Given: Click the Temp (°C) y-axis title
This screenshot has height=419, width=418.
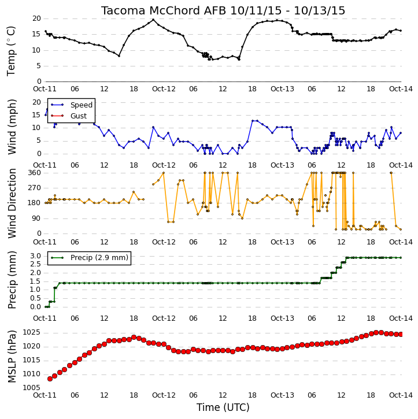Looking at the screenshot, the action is (x=11, y=51).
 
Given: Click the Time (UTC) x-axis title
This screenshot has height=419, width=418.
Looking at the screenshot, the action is (x=223, y=407).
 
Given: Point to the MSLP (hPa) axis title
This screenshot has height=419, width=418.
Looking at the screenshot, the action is (x=12, y=357).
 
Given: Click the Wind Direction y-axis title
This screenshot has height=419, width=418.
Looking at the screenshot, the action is (x=12, y=203).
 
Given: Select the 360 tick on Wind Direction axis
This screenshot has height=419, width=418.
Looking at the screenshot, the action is (x=35, y=173).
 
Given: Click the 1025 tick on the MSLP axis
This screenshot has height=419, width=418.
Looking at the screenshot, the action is (x=32, y=332).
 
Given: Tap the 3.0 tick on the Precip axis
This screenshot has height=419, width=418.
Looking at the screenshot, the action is (x=35, y=256).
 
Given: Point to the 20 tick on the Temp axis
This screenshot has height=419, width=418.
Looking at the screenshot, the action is (x=36, y=18).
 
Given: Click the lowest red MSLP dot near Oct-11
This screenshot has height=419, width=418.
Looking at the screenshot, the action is (x=50, y=379).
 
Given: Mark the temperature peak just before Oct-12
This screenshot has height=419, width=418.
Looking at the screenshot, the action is (x=153, y=20).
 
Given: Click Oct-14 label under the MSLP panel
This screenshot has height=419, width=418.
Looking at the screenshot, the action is (x=401, y=395).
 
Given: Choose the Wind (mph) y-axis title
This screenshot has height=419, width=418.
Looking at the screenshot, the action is (x=12, y=127).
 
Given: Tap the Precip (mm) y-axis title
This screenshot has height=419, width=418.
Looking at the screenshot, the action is (x=12, y=280).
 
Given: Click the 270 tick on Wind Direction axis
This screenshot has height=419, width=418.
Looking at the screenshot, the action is (x=35, y=188).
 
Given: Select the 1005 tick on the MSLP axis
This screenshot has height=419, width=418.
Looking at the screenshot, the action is (x=32, y=388).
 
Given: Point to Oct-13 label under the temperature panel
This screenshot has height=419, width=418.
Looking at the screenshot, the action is (x=282, y=89).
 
